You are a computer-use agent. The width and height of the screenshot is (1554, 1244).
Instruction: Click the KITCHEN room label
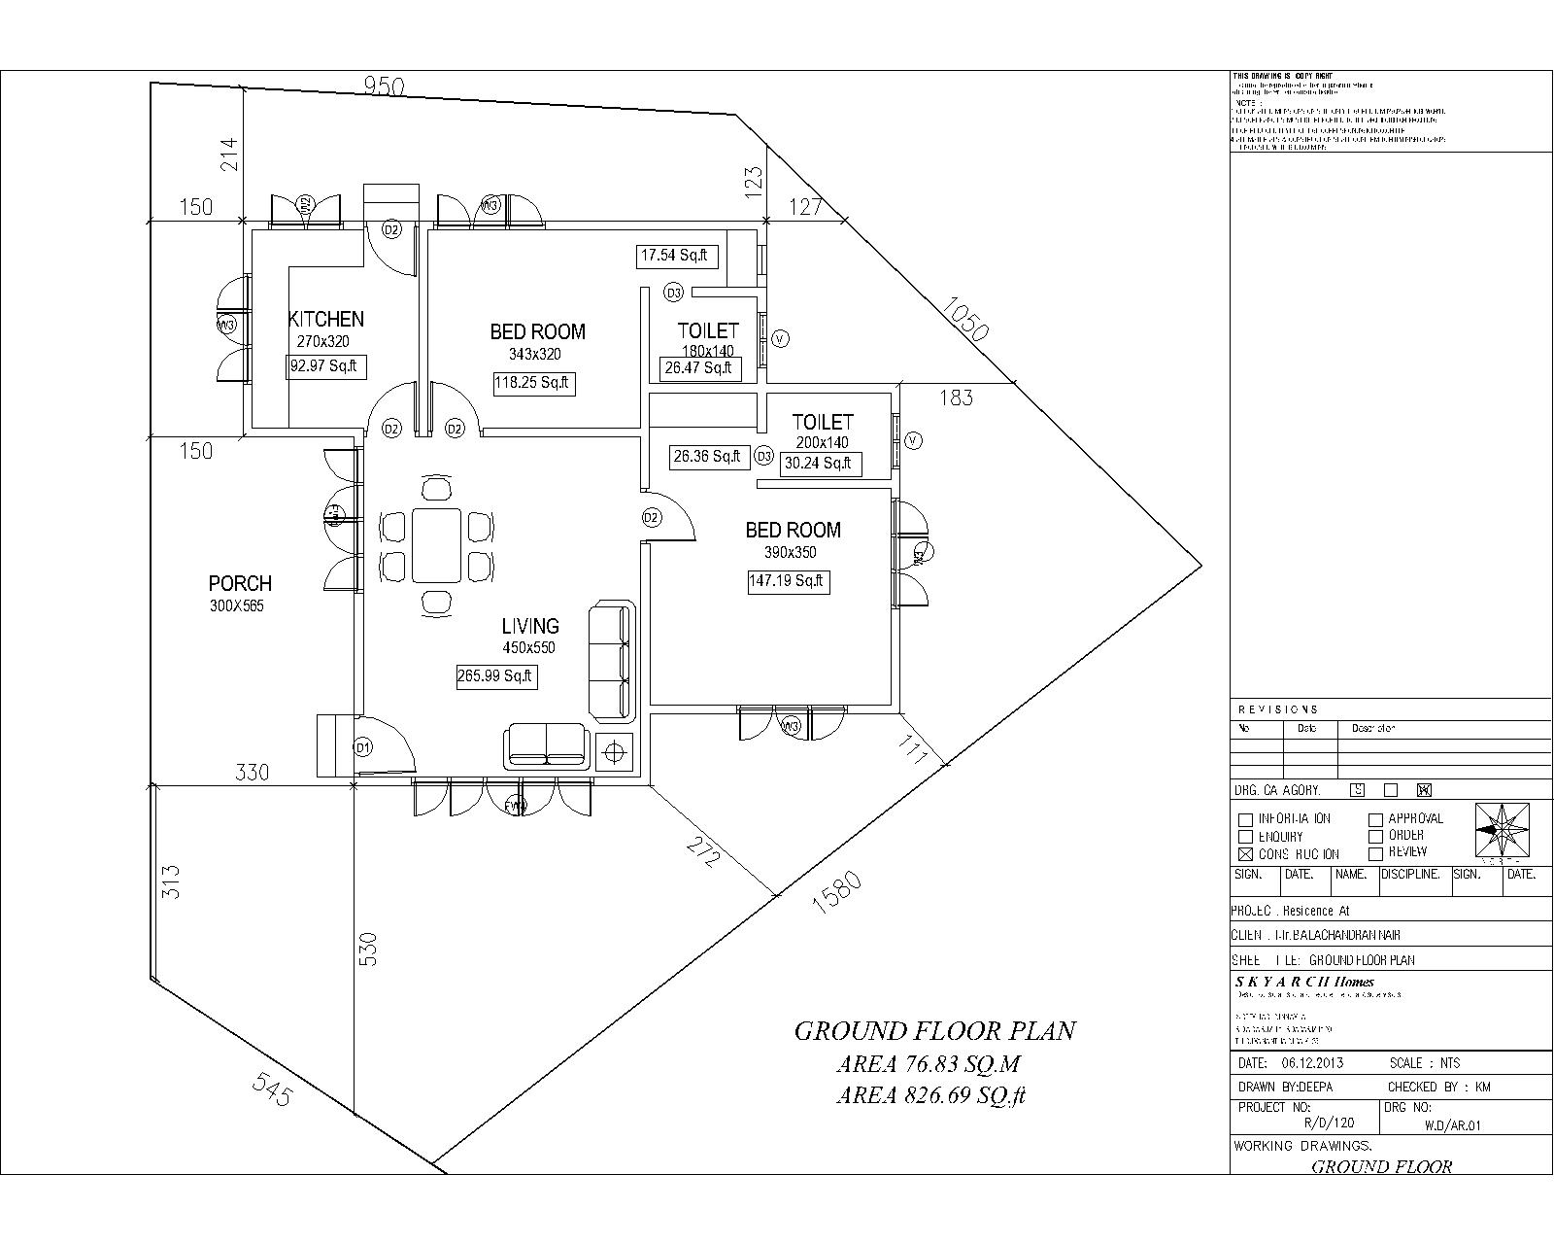click(x=326, y=319)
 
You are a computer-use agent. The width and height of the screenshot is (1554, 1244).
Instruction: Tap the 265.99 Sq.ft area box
click(x=496, y=676)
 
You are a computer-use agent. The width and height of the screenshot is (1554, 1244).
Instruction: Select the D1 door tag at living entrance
click(x=362, y=747)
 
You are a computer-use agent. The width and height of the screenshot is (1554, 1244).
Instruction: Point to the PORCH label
click(x=240, y=583)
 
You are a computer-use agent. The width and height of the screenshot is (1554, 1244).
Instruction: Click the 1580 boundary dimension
click(x=836, y=892)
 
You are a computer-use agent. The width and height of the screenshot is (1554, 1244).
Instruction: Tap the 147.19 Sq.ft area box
click(x=787, y=581)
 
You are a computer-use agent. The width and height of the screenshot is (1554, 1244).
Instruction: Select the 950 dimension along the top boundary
click(x=384, y=86)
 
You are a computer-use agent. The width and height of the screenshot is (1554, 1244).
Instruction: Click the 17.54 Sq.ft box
click(x=676, y=256)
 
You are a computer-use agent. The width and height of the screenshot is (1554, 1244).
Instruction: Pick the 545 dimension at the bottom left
click(x=272, y=1089)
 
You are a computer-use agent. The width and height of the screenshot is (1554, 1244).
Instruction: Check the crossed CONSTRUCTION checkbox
click(x=1245, y=854)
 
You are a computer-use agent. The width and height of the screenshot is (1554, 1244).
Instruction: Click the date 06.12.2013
click(x=1312, y=1062)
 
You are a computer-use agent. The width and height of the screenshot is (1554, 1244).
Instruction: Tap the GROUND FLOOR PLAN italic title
click(x=934, y=1031)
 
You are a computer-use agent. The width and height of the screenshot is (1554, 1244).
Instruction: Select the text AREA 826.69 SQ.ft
click(x=931, y=1096)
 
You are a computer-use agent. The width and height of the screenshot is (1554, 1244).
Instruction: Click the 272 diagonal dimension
click(x=703, y=851)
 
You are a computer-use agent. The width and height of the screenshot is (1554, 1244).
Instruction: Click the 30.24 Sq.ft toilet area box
click(x=818, y=464)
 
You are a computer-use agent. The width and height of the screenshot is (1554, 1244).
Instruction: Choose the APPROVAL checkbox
click(x=1375, y=819)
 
